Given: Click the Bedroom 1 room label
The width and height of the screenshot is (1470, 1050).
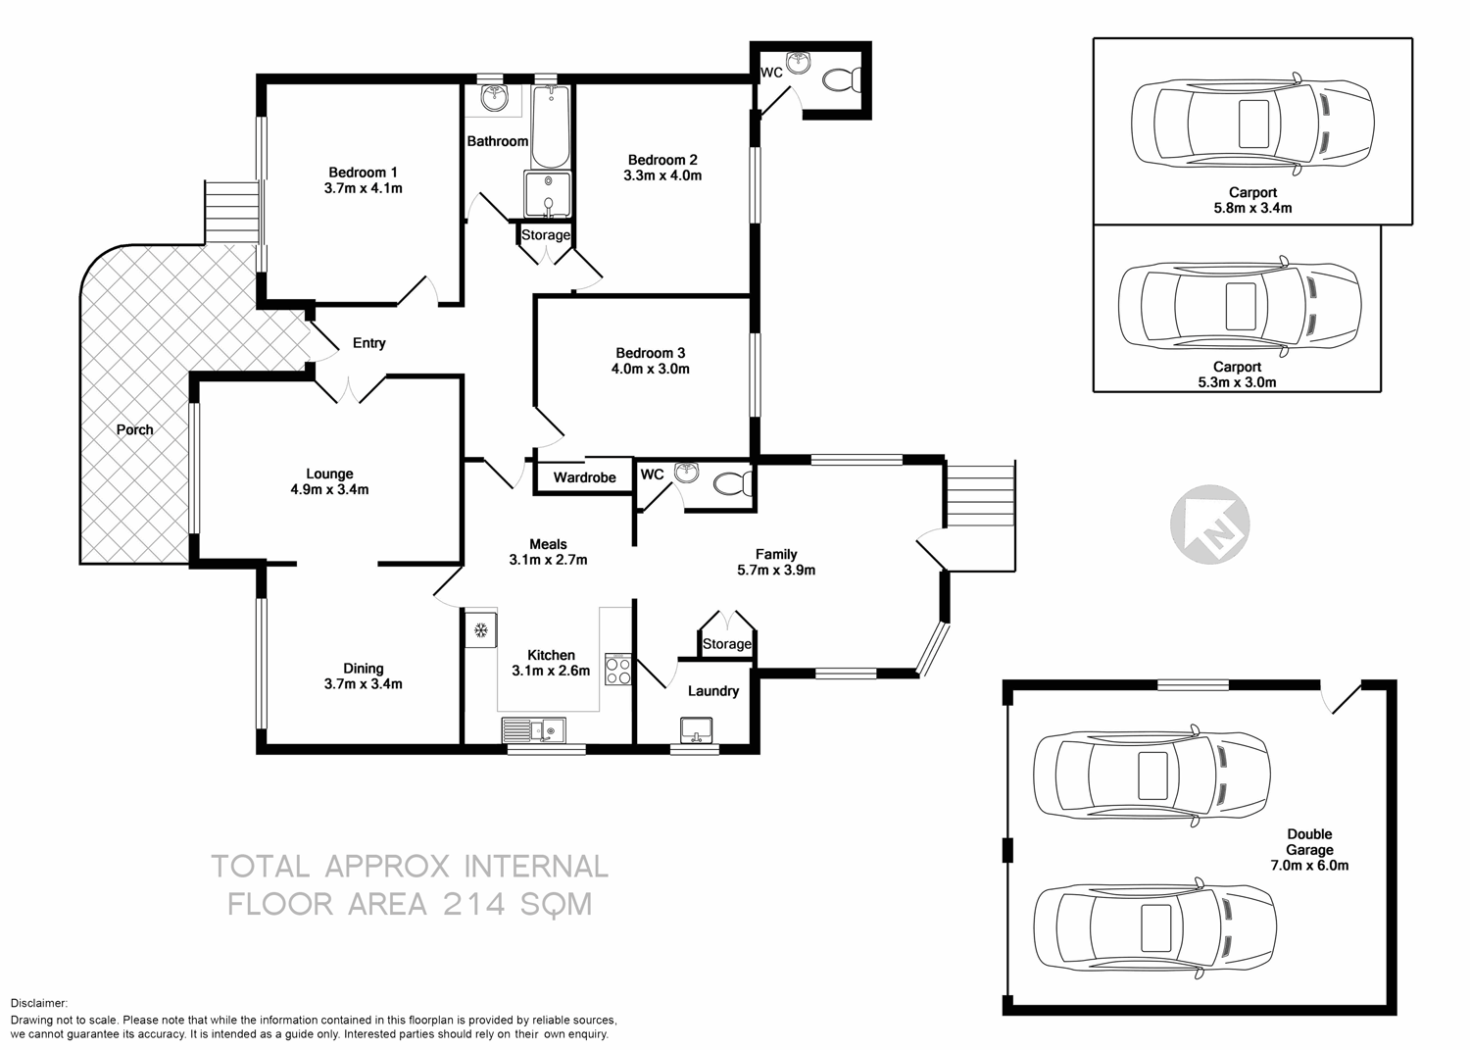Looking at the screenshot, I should click(x=363, y=173).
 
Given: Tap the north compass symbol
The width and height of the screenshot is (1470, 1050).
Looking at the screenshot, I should click(x=1210, y=525).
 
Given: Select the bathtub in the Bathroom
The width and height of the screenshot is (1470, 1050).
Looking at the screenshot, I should click(x=551, y=127).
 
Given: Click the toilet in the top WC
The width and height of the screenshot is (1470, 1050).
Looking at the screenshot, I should click(x=841, y=78).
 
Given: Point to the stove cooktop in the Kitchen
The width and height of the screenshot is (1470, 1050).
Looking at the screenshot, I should click(x=618, y=670).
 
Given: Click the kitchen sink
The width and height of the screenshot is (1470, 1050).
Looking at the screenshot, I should click(x=533, y=730).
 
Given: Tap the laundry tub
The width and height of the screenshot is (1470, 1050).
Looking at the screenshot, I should click(x=697, y=728).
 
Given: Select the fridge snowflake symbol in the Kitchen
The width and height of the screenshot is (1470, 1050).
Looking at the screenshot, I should click(x=481, y=630).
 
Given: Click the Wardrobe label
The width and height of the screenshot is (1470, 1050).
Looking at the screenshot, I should click(x=584, y=477).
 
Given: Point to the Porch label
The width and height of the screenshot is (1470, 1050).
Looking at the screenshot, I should click(x=134, y=429).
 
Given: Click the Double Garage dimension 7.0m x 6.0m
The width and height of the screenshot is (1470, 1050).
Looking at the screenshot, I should click(x=1309, y=866).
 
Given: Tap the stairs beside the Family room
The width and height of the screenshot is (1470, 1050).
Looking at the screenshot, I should click(x=979, y=495).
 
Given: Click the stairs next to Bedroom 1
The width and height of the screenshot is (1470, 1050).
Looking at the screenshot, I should click(x=230, y=211).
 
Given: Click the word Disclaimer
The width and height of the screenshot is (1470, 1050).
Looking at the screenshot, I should click(x=39, y=1003).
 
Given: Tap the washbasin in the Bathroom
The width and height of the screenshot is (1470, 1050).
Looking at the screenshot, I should click(x=494, y=97).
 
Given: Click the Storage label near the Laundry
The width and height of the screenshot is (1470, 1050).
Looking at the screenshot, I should click(x=726, y=644).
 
